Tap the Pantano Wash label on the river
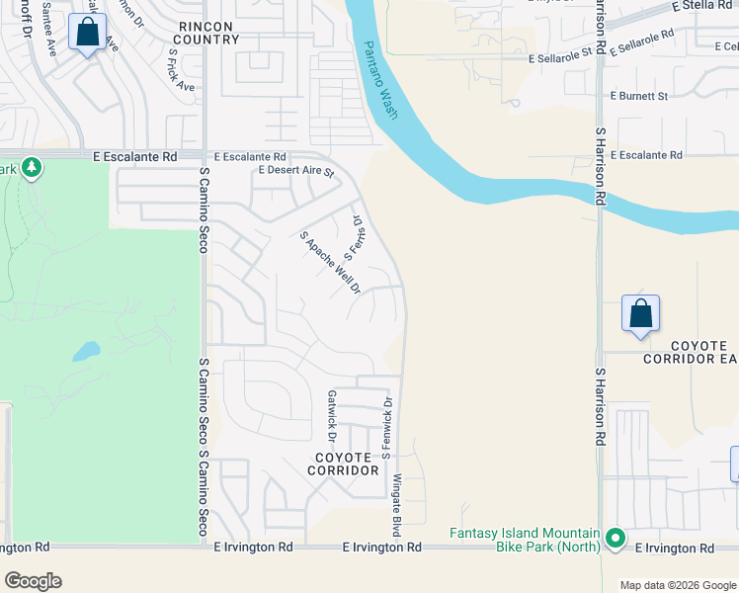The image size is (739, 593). (x=379, y=81)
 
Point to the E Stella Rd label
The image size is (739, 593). (x=703, y=6)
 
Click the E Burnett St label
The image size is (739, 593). (x=639, y=96)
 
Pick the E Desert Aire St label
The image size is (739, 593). (x=296, y=171)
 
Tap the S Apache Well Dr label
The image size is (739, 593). (x=331, y=263)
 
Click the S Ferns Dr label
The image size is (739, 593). (x=354, y=238)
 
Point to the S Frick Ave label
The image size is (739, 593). (x=182, y=70)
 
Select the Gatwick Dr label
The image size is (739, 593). (x=332, y=415)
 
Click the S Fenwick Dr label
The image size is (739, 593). (x=388, y=428)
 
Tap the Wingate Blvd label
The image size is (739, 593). (x=397, y=505)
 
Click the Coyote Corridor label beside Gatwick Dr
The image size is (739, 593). (x=347, y=464)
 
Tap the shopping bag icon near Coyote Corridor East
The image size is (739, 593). (x=640, y=314)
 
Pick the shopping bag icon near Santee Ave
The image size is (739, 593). (x=87, y=33)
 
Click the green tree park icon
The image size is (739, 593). (x=32, y=167)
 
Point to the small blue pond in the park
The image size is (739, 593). (x=85, y=350)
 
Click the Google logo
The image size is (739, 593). (x=34, y=581)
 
